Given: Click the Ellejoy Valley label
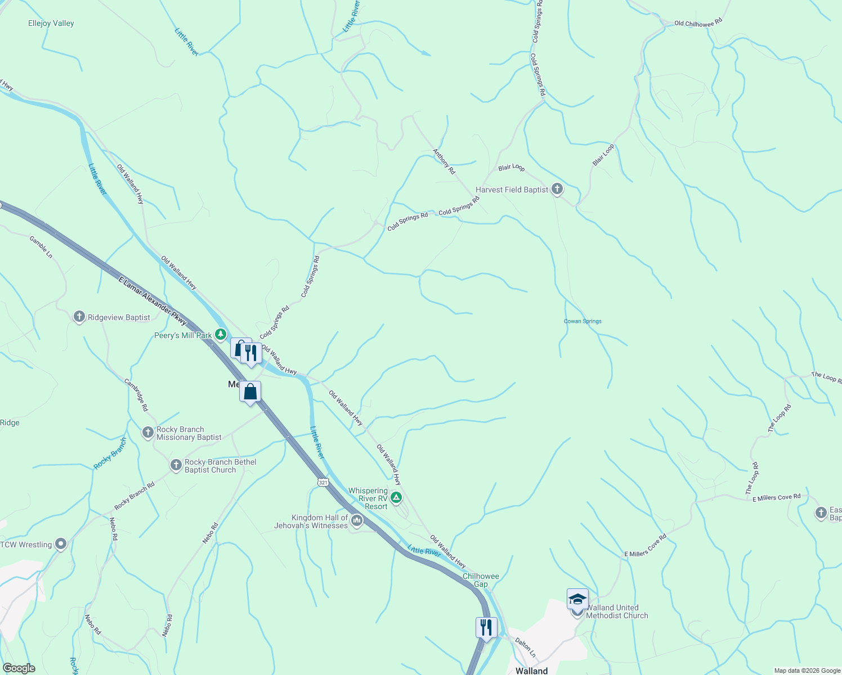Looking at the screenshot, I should click(x=51, y=23).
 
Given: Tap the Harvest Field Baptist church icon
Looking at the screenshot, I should click(x=557, y=189).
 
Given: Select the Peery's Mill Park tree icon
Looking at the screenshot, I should click(x=221, y=335).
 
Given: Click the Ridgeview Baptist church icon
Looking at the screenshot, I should click(x=79, y=317).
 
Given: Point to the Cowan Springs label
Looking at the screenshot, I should click(x=583, y=321).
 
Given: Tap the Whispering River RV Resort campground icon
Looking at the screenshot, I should click(x=396, y=497).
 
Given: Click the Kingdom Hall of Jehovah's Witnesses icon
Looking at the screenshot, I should click(x=357, y=521).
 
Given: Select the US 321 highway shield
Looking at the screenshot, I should click(x=323, y=482).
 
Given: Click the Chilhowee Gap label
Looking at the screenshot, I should click(x=481, y=580).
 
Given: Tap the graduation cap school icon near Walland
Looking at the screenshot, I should click(x=577, y=599).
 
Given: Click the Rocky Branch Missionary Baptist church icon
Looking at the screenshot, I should click(x=147, y=433).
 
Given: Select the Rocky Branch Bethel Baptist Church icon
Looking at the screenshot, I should click(x=176, y=465).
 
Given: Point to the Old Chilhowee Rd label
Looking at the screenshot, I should click(x=698, y=23).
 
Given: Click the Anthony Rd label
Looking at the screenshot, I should click(x=444, y=161).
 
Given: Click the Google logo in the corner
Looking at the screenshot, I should click(x=19, y=668).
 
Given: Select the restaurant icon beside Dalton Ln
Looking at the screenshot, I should click(x=486, y=627).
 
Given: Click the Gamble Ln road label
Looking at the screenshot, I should click(x=41, y=247).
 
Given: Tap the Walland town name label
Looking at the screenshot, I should click(x=531, y=670).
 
